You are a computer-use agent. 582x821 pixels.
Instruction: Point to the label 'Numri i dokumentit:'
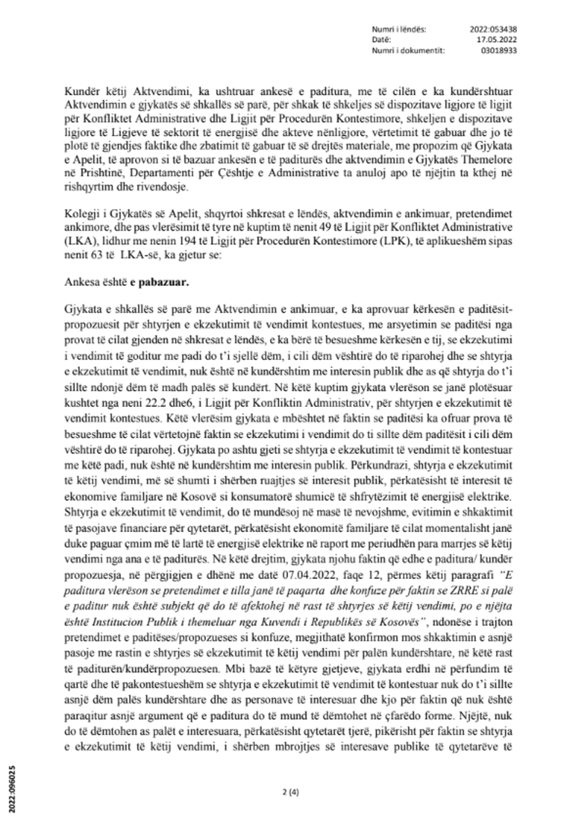point(409,50)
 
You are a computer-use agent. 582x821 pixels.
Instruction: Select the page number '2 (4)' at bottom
point(291,791)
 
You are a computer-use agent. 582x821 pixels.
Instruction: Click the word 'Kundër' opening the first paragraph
point(80,91)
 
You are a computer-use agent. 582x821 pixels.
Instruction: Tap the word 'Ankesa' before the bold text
point(81,282)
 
